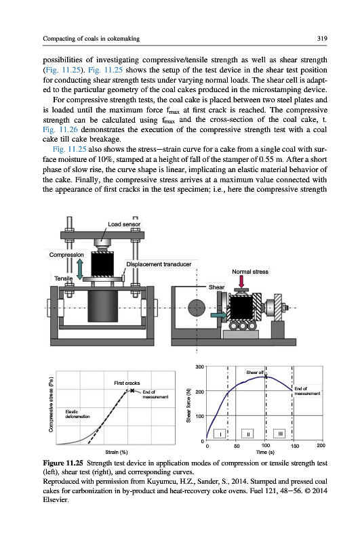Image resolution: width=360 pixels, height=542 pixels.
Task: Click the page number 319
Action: [322, 39]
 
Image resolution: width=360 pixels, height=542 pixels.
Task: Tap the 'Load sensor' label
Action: [124, 224]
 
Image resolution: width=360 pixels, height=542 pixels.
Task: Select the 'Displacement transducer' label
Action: [159, 264]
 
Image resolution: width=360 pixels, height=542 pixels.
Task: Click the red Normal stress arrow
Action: [241, 281]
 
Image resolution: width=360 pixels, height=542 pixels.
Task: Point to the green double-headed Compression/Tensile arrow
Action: [80, 270]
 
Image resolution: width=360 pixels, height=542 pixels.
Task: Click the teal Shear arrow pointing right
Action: [218, 315]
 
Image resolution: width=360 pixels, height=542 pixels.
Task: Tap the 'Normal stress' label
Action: [250, 272]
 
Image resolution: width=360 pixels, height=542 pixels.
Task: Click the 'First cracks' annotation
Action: [127, 383]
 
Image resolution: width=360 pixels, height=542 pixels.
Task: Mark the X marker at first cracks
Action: [132, 391]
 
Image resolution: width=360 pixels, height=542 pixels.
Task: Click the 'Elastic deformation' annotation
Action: [77, 414]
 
